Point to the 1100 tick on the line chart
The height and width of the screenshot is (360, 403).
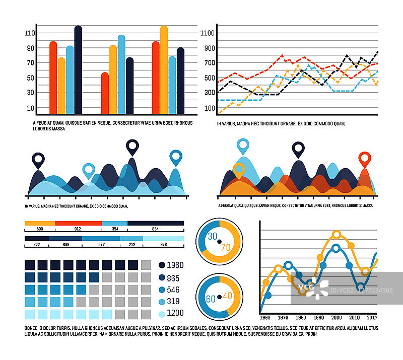208,33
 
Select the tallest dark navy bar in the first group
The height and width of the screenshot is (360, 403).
78,69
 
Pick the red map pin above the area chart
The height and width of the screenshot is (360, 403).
364,160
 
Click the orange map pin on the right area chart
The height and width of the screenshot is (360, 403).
239,170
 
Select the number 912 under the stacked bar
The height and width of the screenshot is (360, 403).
78,229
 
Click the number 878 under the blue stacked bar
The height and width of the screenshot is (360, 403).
163,244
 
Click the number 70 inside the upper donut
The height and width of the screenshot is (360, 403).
226,247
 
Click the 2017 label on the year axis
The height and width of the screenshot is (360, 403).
372,318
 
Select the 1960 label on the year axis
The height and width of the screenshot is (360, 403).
265,318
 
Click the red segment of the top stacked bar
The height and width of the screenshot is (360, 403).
78,223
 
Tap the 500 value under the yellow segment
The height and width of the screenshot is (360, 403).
39,229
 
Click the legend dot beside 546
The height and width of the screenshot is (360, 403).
162,290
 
